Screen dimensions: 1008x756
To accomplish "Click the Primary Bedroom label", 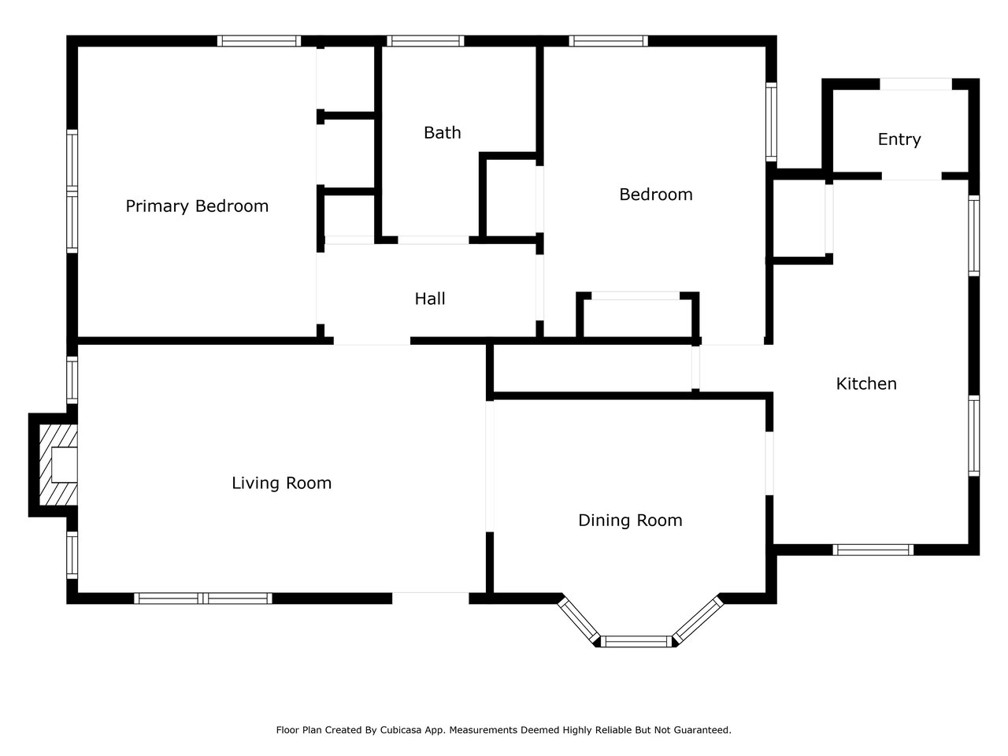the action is pos(197,206).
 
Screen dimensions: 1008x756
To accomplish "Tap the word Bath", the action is pos(443,132).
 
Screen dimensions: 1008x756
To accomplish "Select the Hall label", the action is pos(430,298).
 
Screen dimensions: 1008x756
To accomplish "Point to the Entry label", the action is pos(899,139).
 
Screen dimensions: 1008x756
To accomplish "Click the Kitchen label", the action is pos(866,384).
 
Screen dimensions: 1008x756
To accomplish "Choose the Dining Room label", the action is pos(630,521).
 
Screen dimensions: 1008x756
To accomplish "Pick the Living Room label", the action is pos(281,483).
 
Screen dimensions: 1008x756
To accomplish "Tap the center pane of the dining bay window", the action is pos(636,641).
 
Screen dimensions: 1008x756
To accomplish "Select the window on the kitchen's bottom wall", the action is pos(873,550).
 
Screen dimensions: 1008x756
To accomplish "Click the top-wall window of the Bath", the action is pos(425,41).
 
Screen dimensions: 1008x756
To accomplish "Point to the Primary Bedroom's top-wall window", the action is pos(259,41).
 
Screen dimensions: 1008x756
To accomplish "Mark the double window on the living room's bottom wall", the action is pos(203,598).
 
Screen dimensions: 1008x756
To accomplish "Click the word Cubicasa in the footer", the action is pos(401,730).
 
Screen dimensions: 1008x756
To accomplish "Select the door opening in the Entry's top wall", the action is pos(916,84).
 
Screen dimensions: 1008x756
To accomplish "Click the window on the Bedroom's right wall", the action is pos(771,122).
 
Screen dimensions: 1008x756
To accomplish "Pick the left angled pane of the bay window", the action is pos(579,621).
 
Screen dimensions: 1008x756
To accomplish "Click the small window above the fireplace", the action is pos(72,380).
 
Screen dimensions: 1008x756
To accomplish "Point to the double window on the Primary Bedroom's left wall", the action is pos(72,191).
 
